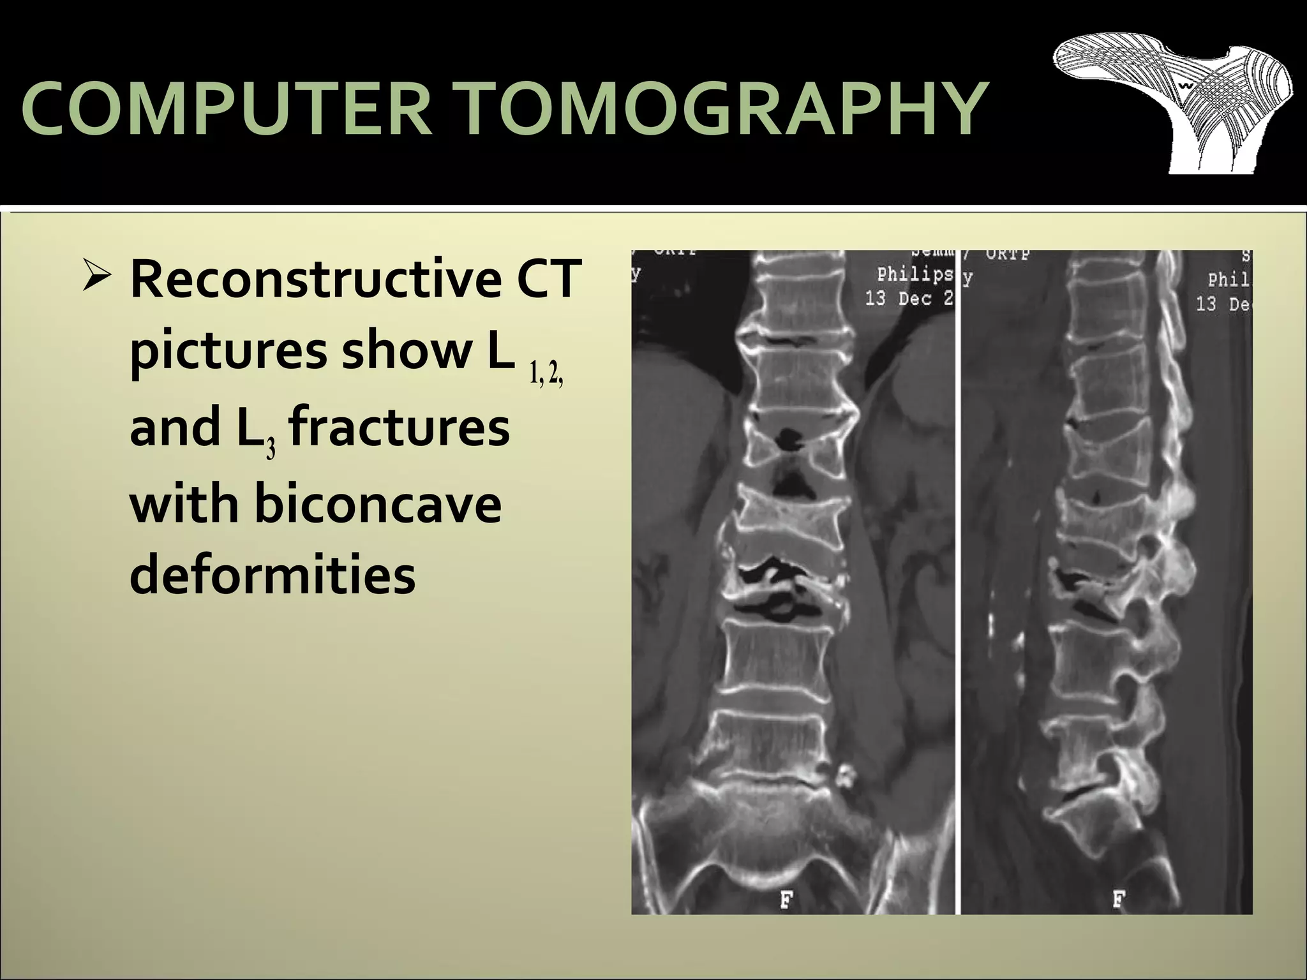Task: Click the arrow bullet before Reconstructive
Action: click(98, 278)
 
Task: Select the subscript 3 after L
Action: click(271, 450)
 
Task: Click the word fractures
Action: click(399, 427)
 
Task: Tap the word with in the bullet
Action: click(184, 503)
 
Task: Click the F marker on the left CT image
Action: click(787, 901)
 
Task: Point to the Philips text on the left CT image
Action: click(915, 275)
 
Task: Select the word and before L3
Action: click(176, 427)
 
